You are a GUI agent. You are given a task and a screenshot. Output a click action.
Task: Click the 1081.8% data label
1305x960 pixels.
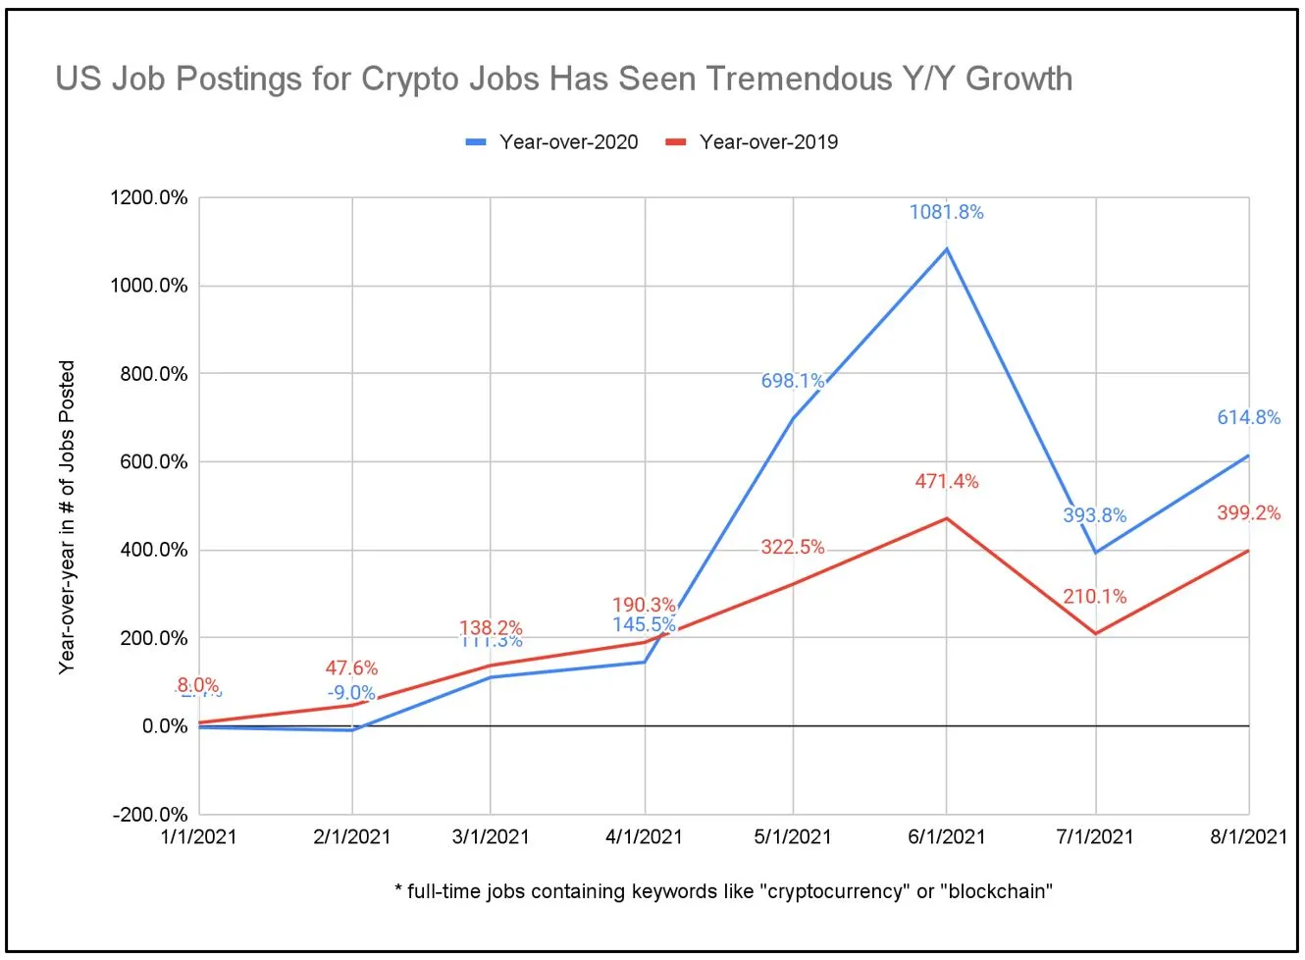coord(946,212)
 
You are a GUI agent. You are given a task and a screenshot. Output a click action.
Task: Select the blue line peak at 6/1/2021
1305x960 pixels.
coord(947,249)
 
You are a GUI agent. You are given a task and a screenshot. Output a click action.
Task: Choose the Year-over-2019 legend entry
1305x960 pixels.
coord(753,142)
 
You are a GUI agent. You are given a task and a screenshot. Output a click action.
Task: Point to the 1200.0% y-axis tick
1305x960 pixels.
coord(148,197)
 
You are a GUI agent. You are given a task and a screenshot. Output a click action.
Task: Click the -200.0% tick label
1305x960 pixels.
coord(149,815)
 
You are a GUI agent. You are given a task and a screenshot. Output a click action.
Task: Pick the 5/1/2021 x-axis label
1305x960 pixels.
coord(792,837)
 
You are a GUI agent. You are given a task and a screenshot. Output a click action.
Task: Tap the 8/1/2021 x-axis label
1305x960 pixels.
coord(1247,837)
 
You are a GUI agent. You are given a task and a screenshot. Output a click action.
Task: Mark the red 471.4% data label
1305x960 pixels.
coord(946,481)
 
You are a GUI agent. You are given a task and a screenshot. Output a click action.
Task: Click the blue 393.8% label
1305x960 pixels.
coord(1094,515)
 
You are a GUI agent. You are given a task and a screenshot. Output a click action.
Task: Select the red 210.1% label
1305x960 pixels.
coord(1094,597)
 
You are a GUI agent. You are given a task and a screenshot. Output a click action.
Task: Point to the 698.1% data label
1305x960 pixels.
coord(792,381)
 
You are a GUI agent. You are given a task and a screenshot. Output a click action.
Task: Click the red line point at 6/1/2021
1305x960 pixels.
coord(947,518)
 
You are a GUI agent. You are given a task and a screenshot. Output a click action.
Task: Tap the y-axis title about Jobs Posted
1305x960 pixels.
coord(67,516)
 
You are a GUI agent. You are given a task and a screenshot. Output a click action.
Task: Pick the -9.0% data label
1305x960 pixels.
coord(350,693)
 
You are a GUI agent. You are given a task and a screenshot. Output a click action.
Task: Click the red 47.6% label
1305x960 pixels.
coord(351,668)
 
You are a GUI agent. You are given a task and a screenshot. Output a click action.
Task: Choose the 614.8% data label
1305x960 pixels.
coord(1248,417)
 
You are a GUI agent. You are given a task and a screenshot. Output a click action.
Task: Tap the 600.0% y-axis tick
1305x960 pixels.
coord(153,462)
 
